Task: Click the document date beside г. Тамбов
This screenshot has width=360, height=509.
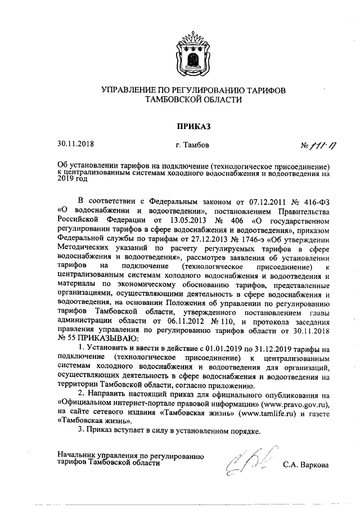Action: [x=75, y=145]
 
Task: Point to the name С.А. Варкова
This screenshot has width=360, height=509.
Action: [x=306, y=465]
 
